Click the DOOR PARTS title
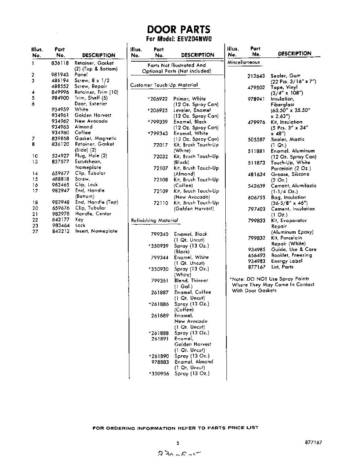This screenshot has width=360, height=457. click(x=178, y=29)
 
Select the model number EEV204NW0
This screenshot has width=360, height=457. click(x=192, y=39)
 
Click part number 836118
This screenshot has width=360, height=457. click(x=60, y=63)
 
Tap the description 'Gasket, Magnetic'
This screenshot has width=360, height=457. click(x=96, y=138)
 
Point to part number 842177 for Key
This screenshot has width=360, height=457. click(x=61, y=219)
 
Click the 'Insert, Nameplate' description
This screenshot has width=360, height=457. click(x=96, y=231)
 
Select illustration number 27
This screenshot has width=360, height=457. click(x=35, y=231)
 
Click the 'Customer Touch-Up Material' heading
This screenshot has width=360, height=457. click(x=164, y=85)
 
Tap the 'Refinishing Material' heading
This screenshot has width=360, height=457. click(x=155, y=220)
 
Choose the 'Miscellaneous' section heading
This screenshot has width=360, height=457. click(x=244, y=62)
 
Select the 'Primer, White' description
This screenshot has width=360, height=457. click(x=190, y=99)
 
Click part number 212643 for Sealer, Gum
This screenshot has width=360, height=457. click(x=256, y=76)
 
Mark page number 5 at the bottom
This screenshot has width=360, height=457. click(x=178, y=443)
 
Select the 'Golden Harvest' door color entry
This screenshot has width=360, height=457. click(x=93, y=115)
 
